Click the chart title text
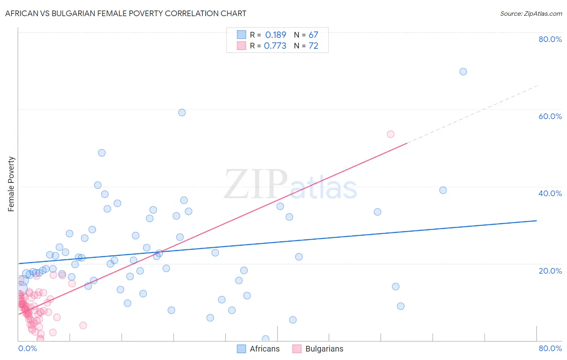point(125,13)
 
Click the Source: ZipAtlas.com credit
point(531,14)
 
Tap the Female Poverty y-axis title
point(11,184)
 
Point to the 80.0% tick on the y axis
point(550,39)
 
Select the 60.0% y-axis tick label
point(550,116)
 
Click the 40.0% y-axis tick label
point(550,193)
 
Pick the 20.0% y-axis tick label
point(550,271)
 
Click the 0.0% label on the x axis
point(27,348)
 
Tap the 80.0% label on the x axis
point(550,348)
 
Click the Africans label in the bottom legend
point(265,349)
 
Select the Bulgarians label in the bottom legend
point(324,349)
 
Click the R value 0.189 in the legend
point(275,35)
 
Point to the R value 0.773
point(275,46)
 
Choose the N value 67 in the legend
point(313,35)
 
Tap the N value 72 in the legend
point(313,46)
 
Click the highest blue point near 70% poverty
point(463,72)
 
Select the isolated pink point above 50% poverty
point(390,134)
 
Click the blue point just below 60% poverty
point(182,113)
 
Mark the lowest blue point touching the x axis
point(265,339)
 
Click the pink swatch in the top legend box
point(241,46)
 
